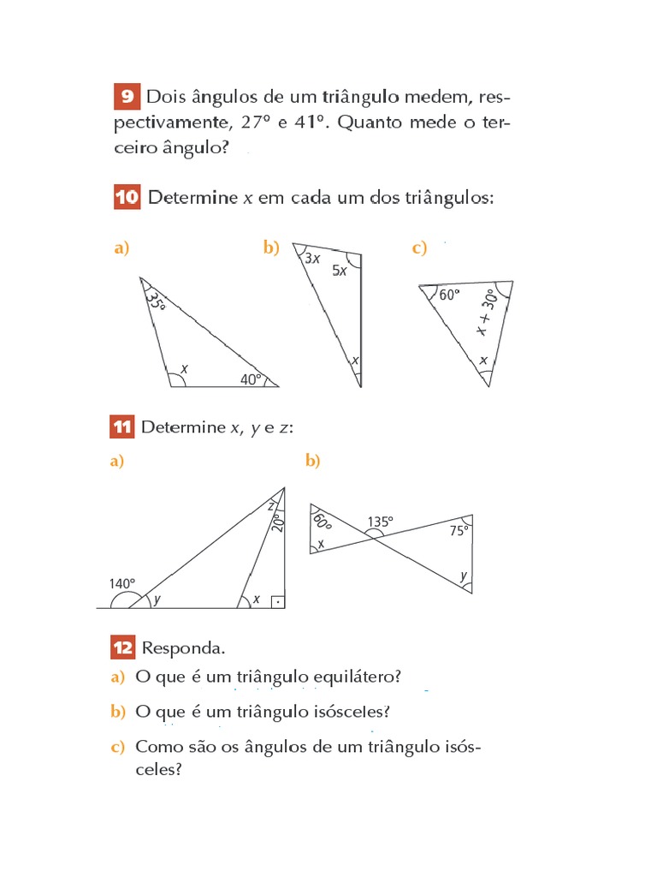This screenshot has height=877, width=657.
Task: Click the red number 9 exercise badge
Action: [x=126, y=97]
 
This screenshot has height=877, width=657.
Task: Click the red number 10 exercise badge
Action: [x=126, y=198]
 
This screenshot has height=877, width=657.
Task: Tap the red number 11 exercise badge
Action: [x=122, y=427]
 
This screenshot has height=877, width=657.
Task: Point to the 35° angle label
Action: [x=155, y=300]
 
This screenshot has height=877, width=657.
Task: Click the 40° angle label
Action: [x=251, y=379]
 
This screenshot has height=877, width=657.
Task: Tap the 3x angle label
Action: [x=312, y=258]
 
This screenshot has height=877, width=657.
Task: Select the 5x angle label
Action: [x=340, y=271]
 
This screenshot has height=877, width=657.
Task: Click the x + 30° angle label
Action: [x=486, y=313]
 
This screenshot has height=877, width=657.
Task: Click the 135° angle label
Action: [x=381, y=521]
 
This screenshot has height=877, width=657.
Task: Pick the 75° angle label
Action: [x=459, y=531]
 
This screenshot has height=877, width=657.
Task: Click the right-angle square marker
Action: [x=277, y=601]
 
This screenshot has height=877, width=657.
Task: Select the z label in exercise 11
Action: [x=271, y=505]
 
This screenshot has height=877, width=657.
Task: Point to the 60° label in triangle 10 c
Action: [x=449, y=294]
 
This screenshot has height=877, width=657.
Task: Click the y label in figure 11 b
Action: [x=464, y=576]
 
